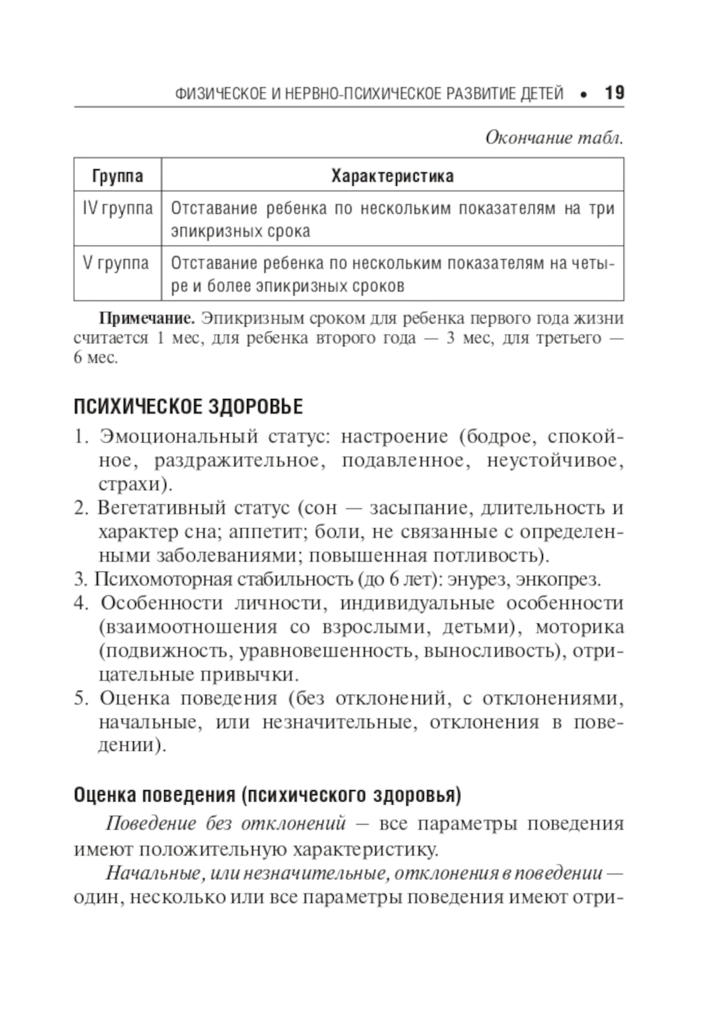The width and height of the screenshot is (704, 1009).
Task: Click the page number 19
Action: [614, 93]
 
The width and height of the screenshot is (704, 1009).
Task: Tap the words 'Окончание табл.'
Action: [554, 138]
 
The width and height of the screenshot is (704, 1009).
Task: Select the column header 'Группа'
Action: [118, 175]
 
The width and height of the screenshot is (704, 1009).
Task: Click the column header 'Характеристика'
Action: [392, 175]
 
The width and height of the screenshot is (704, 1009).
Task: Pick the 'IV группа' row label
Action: [118, 208]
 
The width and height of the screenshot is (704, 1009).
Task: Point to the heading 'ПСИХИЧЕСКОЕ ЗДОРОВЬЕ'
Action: [188, 407]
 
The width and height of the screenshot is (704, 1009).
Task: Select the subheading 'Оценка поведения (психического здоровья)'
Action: [268, 796]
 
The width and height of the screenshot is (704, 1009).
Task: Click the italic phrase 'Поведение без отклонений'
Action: [225, 824]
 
